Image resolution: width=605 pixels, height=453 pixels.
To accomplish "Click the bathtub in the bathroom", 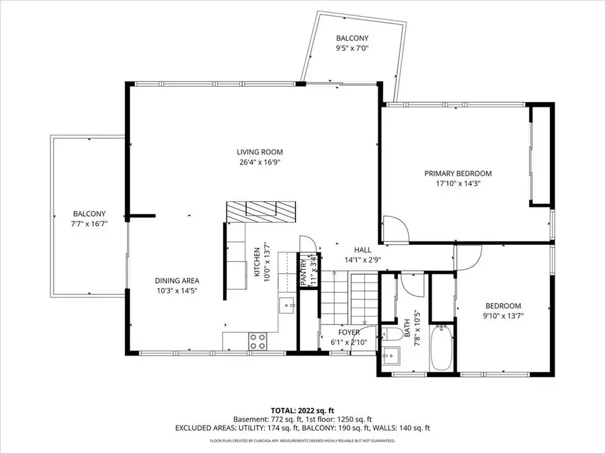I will pyautogui.click(x=442, y=347).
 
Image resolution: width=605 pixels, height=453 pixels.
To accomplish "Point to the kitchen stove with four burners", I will pyautogui.click(x=257, y=341).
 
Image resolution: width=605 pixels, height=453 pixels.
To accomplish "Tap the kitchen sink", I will pyautogui.click(x=288, y=305).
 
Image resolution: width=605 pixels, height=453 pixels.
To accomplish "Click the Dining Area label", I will pyautogui.click(x=177, y=281).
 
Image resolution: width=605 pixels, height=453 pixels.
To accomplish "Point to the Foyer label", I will pyautogui.click(x=348, y=332).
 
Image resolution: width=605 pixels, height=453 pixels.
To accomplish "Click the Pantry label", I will pyautogui.click(x=303, y=272).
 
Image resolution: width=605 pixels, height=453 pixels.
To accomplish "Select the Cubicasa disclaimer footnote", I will pyautogui.click(x=302, y=441).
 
